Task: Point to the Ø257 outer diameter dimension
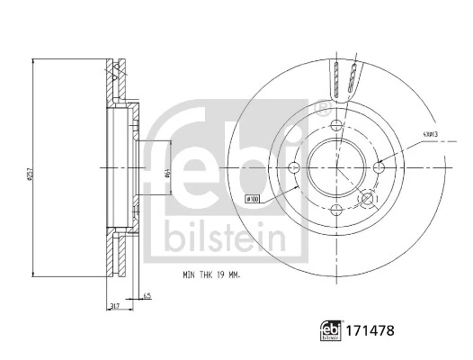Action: click(30, 167)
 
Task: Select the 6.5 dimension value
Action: click(146, 295)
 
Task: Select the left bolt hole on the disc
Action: click(293, 167)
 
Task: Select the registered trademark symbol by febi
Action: click(321, 108)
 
